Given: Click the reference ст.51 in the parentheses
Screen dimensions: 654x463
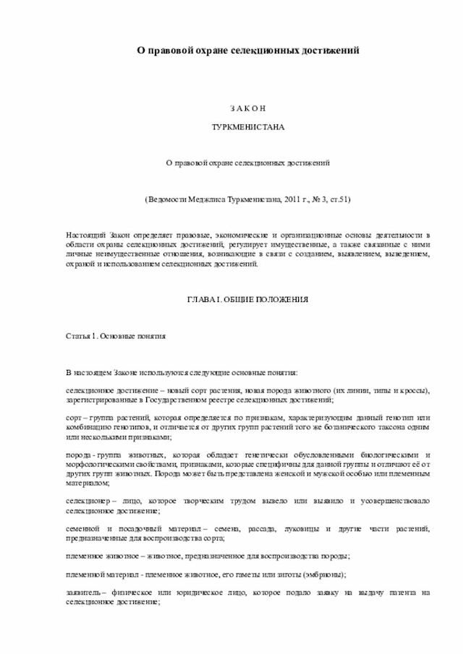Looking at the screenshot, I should (x=338, y=197).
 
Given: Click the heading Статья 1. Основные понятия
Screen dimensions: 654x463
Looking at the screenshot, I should (x=116, y=336).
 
